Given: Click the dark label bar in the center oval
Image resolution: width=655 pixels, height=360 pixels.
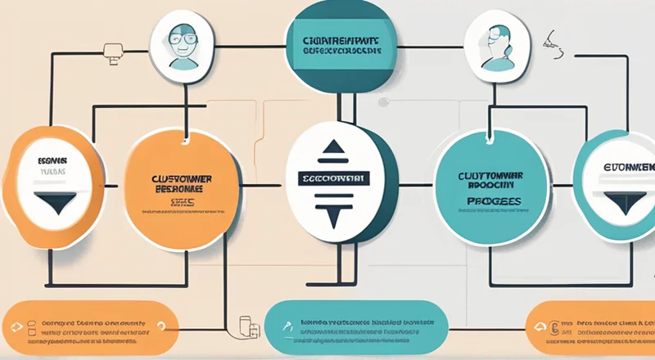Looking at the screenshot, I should (333, 178).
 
